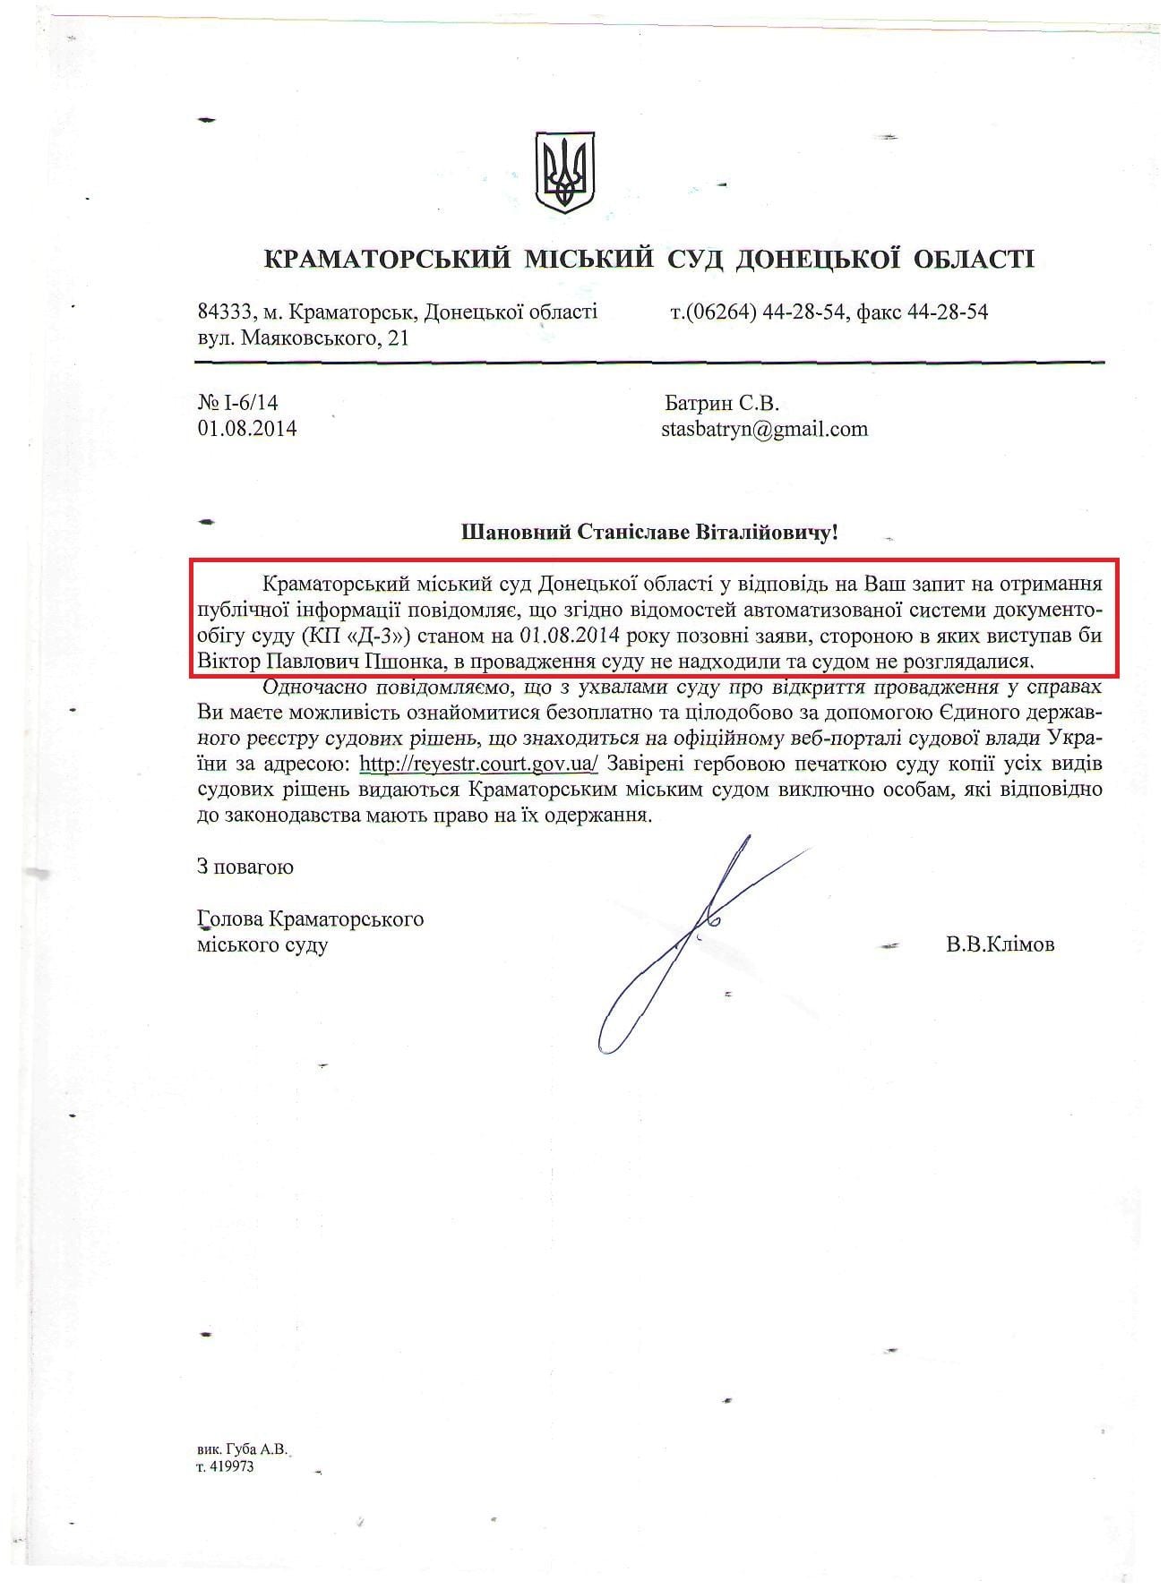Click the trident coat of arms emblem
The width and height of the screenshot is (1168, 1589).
tap(565, 173)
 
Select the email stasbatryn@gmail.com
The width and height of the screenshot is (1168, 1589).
tap(764, 428)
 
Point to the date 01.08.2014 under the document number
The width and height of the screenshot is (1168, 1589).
tap(246, 428)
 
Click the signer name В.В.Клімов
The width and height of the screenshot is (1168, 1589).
tap(1000, 944)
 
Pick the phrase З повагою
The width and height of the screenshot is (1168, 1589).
tap(245, 867)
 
